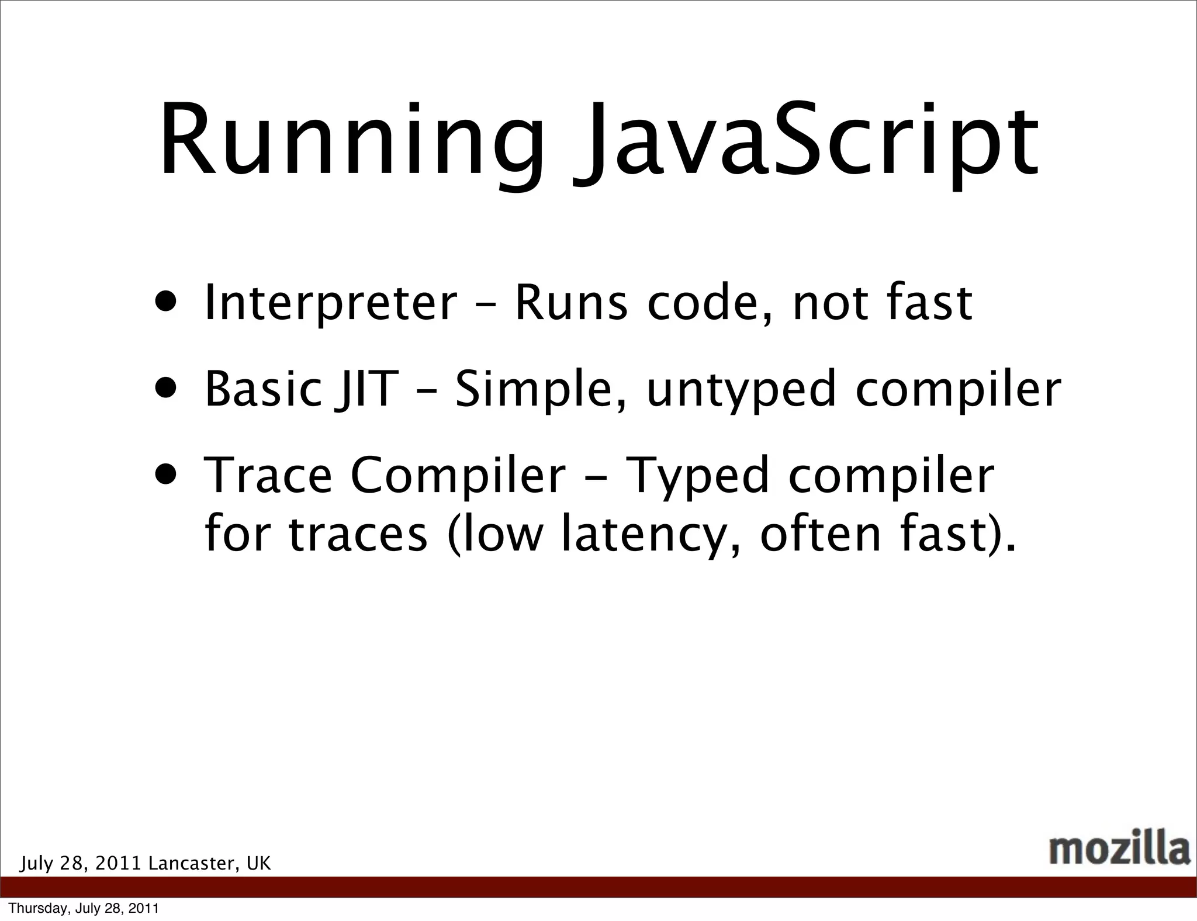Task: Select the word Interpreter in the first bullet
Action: (x=330, y=303)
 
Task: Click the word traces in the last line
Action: (x=358, y=535)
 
